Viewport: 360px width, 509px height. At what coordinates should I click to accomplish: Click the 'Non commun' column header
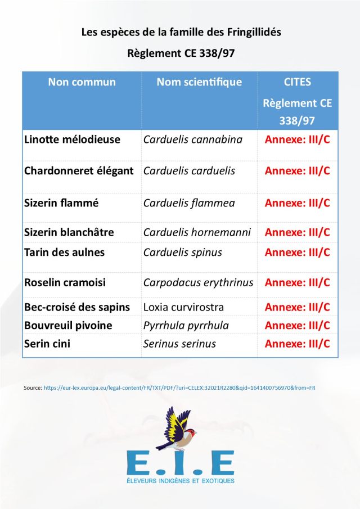(82, 82)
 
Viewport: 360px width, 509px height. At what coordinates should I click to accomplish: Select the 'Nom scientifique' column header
(199, 82)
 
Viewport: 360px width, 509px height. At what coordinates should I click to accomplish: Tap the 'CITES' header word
(297, 82)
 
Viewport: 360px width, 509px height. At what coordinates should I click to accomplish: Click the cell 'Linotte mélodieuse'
(73, 139)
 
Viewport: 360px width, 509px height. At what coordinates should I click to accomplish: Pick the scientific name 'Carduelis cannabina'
(193, 139)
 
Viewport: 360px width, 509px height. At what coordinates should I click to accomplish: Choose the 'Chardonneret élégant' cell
(79, 171)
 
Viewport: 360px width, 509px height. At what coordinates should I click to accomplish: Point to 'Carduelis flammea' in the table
(189, 203)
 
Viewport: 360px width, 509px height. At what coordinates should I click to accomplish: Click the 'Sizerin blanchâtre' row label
(69, 232)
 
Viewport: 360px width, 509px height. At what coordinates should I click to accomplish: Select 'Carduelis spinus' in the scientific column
(183, 252)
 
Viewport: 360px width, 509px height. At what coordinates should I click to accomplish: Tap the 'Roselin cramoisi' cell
(65, 282)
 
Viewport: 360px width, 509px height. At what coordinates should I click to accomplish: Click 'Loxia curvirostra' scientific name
(183, 307)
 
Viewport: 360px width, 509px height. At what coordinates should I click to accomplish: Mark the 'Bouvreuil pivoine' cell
(68, 326)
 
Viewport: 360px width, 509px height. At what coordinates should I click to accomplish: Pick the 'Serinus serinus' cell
(179, 344)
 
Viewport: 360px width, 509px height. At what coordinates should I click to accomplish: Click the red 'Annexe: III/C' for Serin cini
(297, 344)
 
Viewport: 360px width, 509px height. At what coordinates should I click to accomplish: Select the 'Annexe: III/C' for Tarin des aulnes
(297, 252)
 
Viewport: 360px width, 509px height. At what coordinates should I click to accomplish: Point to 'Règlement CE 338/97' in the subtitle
(181, 54)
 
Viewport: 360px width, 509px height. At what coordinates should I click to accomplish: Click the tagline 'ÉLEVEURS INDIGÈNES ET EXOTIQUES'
(180, 481)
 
